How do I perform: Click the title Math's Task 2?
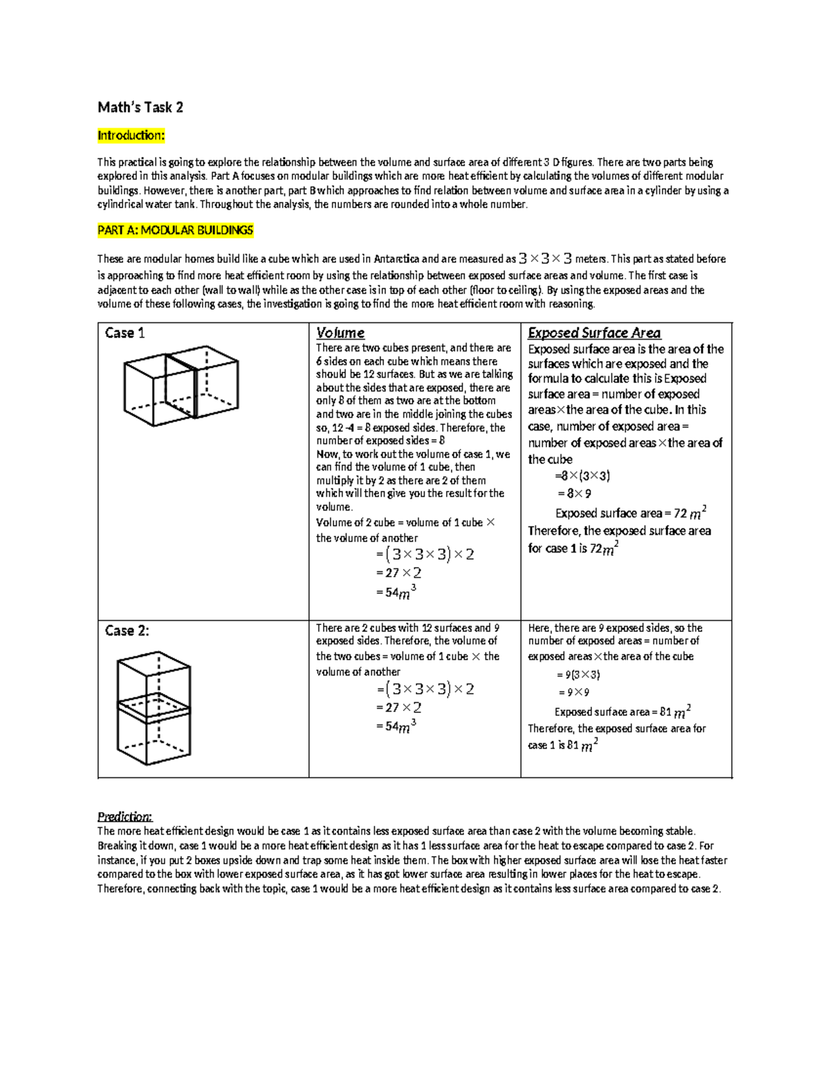tap(140, 107)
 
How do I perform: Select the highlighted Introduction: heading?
tap(131, 135)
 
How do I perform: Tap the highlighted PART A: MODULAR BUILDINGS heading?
tap(175, 230)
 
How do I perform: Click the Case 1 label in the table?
tap(124, 333)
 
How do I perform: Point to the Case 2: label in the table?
tap(127, 630)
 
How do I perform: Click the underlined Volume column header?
tap(340, 333)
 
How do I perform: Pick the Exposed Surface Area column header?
tap(593, 333)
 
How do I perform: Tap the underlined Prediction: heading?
tap(124, 816)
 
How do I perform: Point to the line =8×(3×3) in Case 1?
tap(582, 476)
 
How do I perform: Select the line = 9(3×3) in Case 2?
tap(578, 674)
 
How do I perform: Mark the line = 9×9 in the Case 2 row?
tap(573, 692)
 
